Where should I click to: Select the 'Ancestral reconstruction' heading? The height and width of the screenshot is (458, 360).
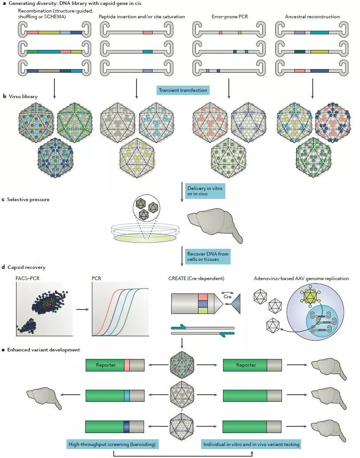pos(312,17)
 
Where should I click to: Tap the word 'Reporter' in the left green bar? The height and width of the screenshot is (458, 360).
pos(106,365)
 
